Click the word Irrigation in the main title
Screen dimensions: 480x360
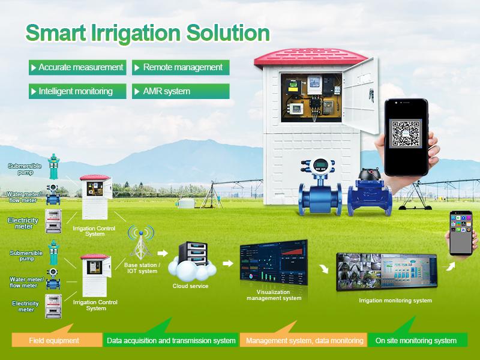click(136, 34)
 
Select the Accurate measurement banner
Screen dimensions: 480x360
click(77, 67)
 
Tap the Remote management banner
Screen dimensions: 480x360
click(181, 67)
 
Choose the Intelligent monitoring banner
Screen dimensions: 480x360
click(77, 91)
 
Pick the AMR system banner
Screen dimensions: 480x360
click(181, 91)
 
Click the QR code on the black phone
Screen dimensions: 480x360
click(406, 133)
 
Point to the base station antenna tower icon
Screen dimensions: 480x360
click(141, 242)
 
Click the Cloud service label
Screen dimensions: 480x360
click(190, 286)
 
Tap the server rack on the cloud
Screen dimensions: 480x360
click(193, 253)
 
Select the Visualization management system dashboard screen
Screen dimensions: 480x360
click(274, 263)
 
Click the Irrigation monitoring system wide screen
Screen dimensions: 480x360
click(386, 272)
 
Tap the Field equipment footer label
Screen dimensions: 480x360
click(54, 340)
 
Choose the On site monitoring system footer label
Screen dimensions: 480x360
click(416, 340)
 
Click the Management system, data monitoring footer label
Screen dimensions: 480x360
click(305, 340)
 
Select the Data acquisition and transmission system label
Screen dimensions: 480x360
click(171, 340)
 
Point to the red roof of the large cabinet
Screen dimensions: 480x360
click(310, 58)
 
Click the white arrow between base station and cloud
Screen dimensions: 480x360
click(163, 253)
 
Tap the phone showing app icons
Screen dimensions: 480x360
click(461, 233)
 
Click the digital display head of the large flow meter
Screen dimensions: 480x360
click(320, 166)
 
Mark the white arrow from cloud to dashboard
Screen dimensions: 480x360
click(228, 263)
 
